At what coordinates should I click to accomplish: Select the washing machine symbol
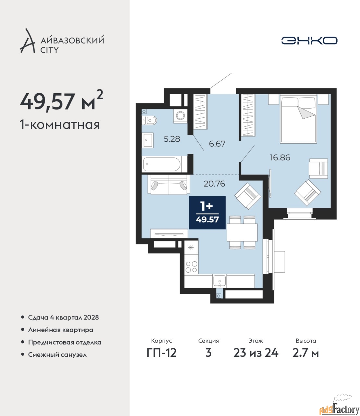(x=180, y=116)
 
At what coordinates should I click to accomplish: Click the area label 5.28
(x=172, y=139)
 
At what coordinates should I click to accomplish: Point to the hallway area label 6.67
(x=217, y=144)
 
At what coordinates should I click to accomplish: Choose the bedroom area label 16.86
(x=280, y=157)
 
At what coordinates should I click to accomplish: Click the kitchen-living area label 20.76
(x=214, y=184)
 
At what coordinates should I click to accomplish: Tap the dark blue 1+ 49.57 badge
(x=207, y=213)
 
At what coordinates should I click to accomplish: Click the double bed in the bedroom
(x=299, y=119)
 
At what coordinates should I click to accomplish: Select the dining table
(x=242, y=232)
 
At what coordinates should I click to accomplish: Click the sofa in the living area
(x=169, y=184)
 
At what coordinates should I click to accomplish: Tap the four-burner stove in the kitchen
(x=191, y=267)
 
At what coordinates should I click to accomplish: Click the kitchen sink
(x=219, y=281)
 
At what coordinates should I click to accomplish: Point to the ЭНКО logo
(x=309, y=40)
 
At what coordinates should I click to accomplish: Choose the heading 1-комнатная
(x=60, y=125)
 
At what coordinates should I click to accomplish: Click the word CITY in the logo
(x=49, y=50)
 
